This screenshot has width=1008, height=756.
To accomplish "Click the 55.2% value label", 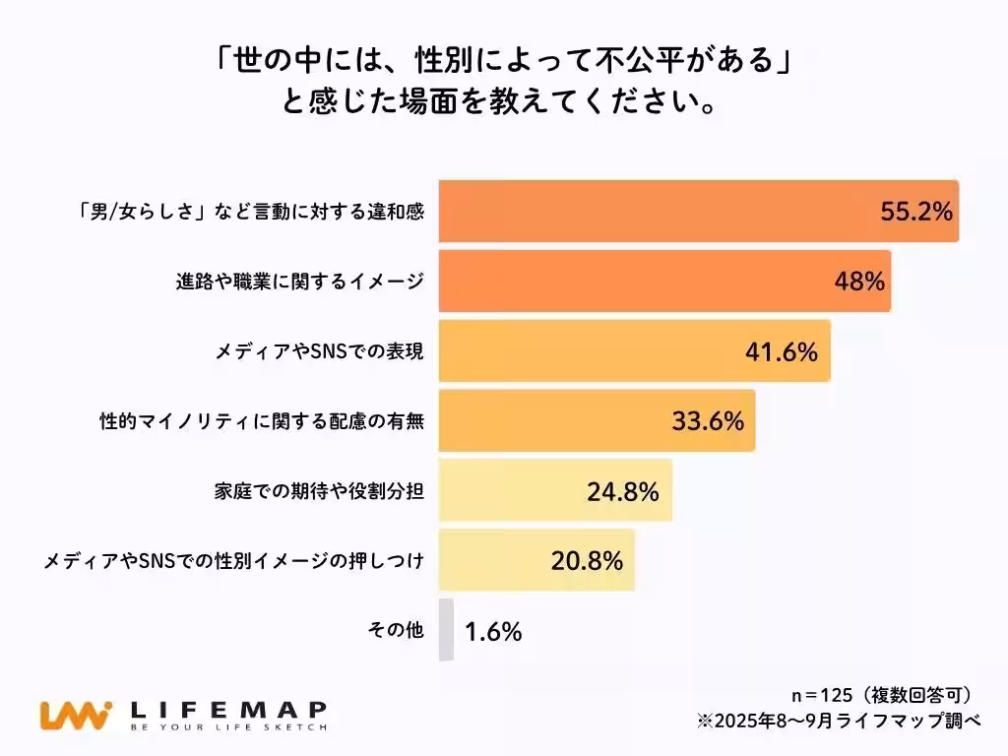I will pos(915,212).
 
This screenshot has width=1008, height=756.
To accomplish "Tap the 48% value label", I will pos(858,282).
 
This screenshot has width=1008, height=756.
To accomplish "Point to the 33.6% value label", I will pos(706,421).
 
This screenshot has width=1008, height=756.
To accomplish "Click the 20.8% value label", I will pos(587,561).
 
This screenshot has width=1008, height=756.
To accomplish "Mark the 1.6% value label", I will pos(492,631).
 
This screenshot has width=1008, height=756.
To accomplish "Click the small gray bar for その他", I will pos(446,630).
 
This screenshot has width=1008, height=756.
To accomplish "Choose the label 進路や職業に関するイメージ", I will pos(293,282).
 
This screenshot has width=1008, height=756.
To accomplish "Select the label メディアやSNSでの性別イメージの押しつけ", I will pos(234,561).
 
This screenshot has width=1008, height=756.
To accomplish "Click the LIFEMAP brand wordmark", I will pos(228,709).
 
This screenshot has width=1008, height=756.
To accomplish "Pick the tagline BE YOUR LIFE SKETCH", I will pos(228,728).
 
